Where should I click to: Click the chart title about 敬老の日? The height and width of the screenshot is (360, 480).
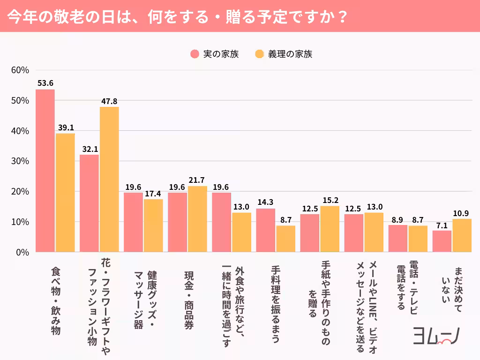pos(178,16)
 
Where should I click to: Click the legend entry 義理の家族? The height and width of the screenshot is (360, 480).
pos(284,54)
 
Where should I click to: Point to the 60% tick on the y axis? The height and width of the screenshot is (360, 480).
pos(20,70)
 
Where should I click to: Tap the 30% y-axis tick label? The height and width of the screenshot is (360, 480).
pos(20,161)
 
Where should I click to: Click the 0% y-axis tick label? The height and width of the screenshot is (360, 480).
pos(22,252)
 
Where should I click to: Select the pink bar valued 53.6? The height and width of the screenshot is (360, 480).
pos(45,171)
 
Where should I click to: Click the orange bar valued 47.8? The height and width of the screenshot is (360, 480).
pos(109,180)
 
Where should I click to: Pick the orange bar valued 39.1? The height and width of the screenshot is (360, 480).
pos(65,193)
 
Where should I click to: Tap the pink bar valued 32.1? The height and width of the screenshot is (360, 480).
pos(89,203)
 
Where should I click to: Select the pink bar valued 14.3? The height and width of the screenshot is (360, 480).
pos(266,230)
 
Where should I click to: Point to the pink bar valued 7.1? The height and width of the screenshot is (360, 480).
pos(442,241)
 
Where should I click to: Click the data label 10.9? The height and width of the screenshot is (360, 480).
pos(462,213)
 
